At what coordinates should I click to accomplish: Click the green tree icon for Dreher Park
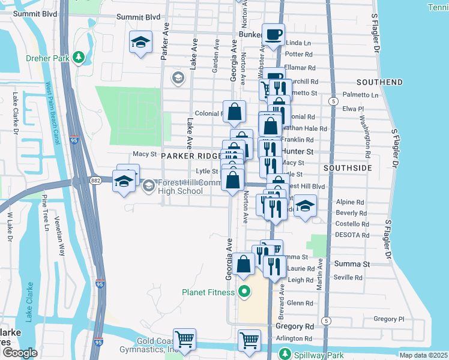(79, 58)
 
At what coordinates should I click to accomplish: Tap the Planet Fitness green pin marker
(244, 293)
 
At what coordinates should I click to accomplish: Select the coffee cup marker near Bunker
(274, 35)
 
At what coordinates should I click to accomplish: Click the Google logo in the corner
(20, 353)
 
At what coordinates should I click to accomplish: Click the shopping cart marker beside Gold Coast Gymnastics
(185, 340)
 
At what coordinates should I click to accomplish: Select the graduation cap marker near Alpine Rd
(306, 206)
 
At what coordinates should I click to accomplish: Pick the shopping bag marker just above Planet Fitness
(244, 264)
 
